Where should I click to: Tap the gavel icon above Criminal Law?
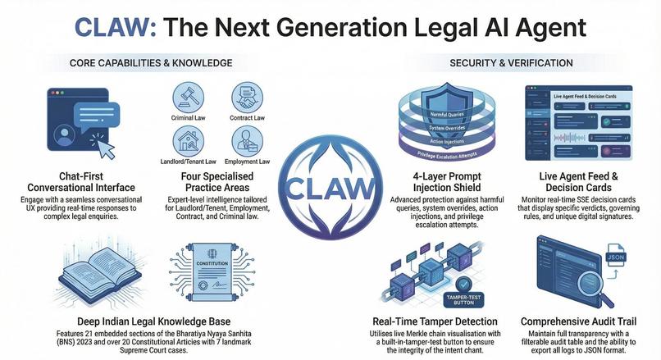coord(188,98)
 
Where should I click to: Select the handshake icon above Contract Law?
coord(247,98)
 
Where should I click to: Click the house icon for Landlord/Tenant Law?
coord(188,141)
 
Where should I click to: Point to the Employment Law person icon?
coord(247,141)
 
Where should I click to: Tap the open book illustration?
coord(100,274)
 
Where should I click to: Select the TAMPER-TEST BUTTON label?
coord(463,300)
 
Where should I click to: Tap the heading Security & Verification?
coord(511,63)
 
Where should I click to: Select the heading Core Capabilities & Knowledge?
coord(151,63)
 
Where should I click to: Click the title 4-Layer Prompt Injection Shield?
coord(447,182)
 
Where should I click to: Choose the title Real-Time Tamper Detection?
coord(435,321)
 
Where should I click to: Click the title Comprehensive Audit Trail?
coord(578,321)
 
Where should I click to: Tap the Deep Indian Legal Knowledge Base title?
coord(154,321)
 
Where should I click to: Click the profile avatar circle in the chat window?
coord(65,135)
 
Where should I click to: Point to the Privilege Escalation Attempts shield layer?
coord(447,154)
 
